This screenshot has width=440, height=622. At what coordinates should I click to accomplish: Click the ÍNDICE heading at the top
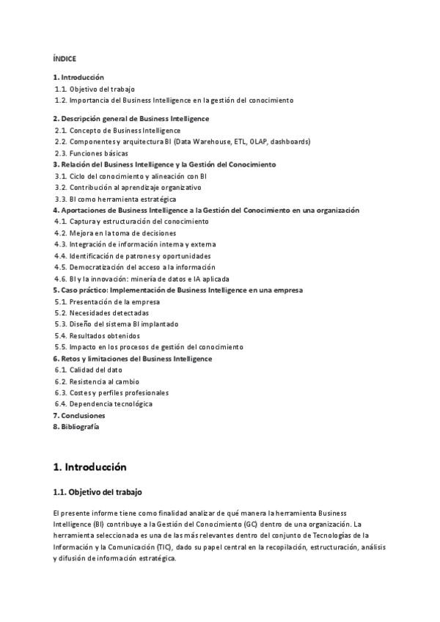pos(65,59)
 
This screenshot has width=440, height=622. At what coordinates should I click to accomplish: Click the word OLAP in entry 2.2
pos(259,142)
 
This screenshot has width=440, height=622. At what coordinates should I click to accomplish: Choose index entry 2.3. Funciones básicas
pos(91,153)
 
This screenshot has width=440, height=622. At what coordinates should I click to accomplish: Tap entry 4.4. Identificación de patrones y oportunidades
pos(132,256)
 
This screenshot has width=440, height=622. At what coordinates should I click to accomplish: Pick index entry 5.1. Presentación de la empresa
pos(107,301)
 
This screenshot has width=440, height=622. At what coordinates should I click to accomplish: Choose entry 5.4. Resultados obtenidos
pos(97,335)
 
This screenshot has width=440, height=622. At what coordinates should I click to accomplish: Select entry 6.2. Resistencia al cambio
pos(96,381)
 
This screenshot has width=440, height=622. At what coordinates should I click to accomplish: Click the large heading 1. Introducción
pos(89,466)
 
